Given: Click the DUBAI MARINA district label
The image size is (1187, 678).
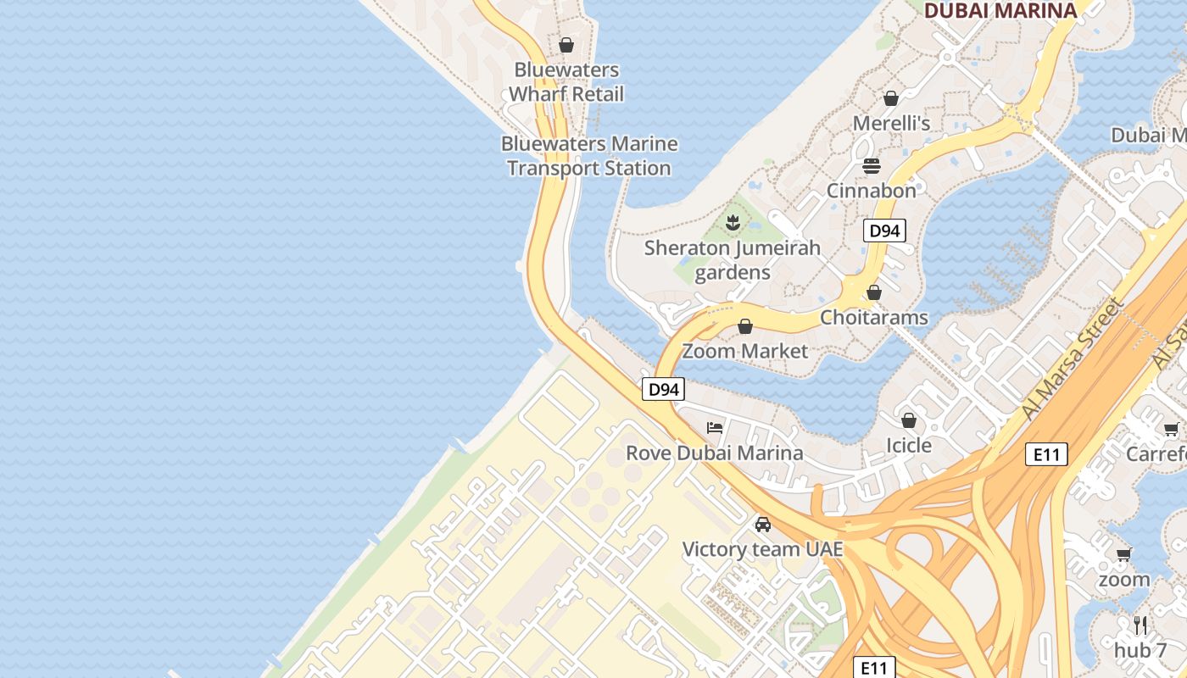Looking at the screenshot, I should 1000,10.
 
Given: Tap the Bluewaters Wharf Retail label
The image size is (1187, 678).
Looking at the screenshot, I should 566,82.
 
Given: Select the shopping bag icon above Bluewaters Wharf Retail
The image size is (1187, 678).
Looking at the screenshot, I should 566,45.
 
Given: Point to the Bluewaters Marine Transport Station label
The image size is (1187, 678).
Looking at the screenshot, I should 589,156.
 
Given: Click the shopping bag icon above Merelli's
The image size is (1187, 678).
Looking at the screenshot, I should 891,98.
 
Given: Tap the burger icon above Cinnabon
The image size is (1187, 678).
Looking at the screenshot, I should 872,165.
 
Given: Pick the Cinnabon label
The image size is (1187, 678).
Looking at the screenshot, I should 872,190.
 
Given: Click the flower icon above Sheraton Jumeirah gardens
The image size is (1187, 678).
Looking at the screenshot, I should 733,224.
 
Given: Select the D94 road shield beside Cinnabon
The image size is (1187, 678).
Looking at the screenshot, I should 884,231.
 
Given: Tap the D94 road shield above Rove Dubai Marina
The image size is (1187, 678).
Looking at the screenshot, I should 663,389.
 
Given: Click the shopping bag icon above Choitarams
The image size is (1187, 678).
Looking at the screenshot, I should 873,292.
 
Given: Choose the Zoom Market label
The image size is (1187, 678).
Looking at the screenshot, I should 745,350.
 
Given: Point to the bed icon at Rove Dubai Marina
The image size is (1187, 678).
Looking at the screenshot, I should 715,428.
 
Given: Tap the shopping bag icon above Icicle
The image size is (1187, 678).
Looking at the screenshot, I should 909,420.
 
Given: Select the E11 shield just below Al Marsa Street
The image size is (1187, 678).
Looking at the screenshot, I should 1046,454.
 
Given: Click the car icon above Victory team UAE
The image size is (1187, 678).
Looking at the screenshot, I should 763,525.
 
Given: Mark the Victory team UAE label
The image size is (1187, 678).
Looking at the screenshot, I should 763,549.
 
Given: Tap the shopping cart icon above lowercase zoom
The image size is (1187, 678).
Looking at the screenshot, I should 1124,555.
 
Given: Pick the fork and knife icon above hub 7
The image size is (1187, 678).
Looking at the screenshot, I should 1140,625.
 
